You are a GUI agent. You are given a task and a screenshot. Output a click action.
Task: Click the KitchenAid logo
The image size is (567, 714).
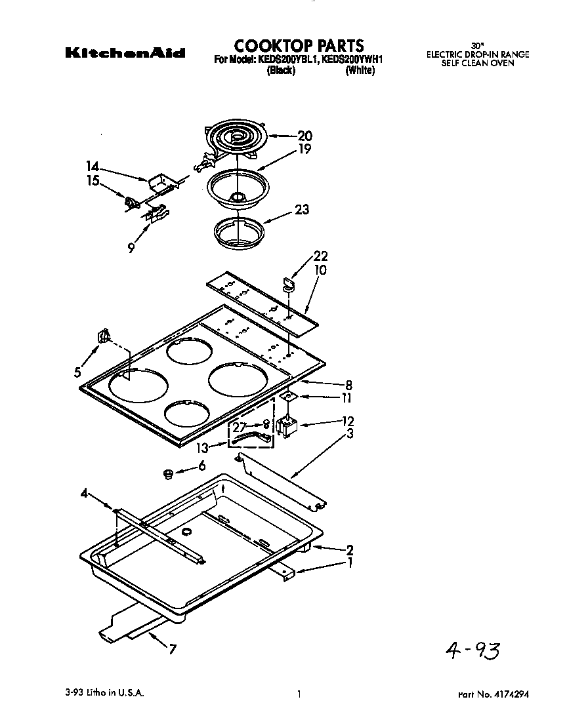pyautogui.click(x=125, y=53)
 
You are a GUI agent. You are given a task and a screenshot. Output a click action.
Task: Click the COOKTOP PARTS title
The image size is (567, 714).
pyautogui.click(x=299, y=45)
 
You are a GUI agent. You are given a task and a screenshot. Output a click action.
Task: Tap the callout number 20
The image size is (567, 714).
pyautogui.click(x=304, y=136)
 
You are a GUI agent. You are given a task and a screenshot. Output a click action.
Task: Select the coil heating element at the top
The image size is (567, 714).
pyautogui.click(x=236, y=138)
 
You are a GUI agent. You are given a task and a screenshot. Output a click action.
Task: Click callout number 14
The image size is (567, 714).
pyautogui.click(x=92, y=166)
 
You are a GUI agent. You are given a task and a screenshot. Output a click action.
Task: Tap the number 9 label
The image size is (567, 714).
pyautogui.click(x=131, y=248)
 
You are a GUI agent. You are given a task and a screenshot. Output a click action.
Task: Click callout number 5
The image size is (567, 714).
pyautogui.click(x=78, y=372)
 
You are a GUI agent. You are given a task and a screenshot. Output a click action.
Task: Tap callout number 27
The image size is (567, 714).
pyautogui.click(x=239, y=426)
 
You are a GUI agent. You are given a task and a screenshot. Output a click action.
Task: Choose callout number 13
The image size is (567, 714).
pyautogui.click(x=203, y=448)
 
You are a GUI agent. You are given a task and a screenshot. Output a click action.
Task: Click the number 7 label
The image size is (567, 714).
pyautogui.click(x=172, y=650)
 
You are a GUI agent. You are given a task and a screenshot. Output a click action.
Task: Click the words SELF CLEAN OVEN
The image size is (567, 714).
pyautogui.click(x=477, y=64)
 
